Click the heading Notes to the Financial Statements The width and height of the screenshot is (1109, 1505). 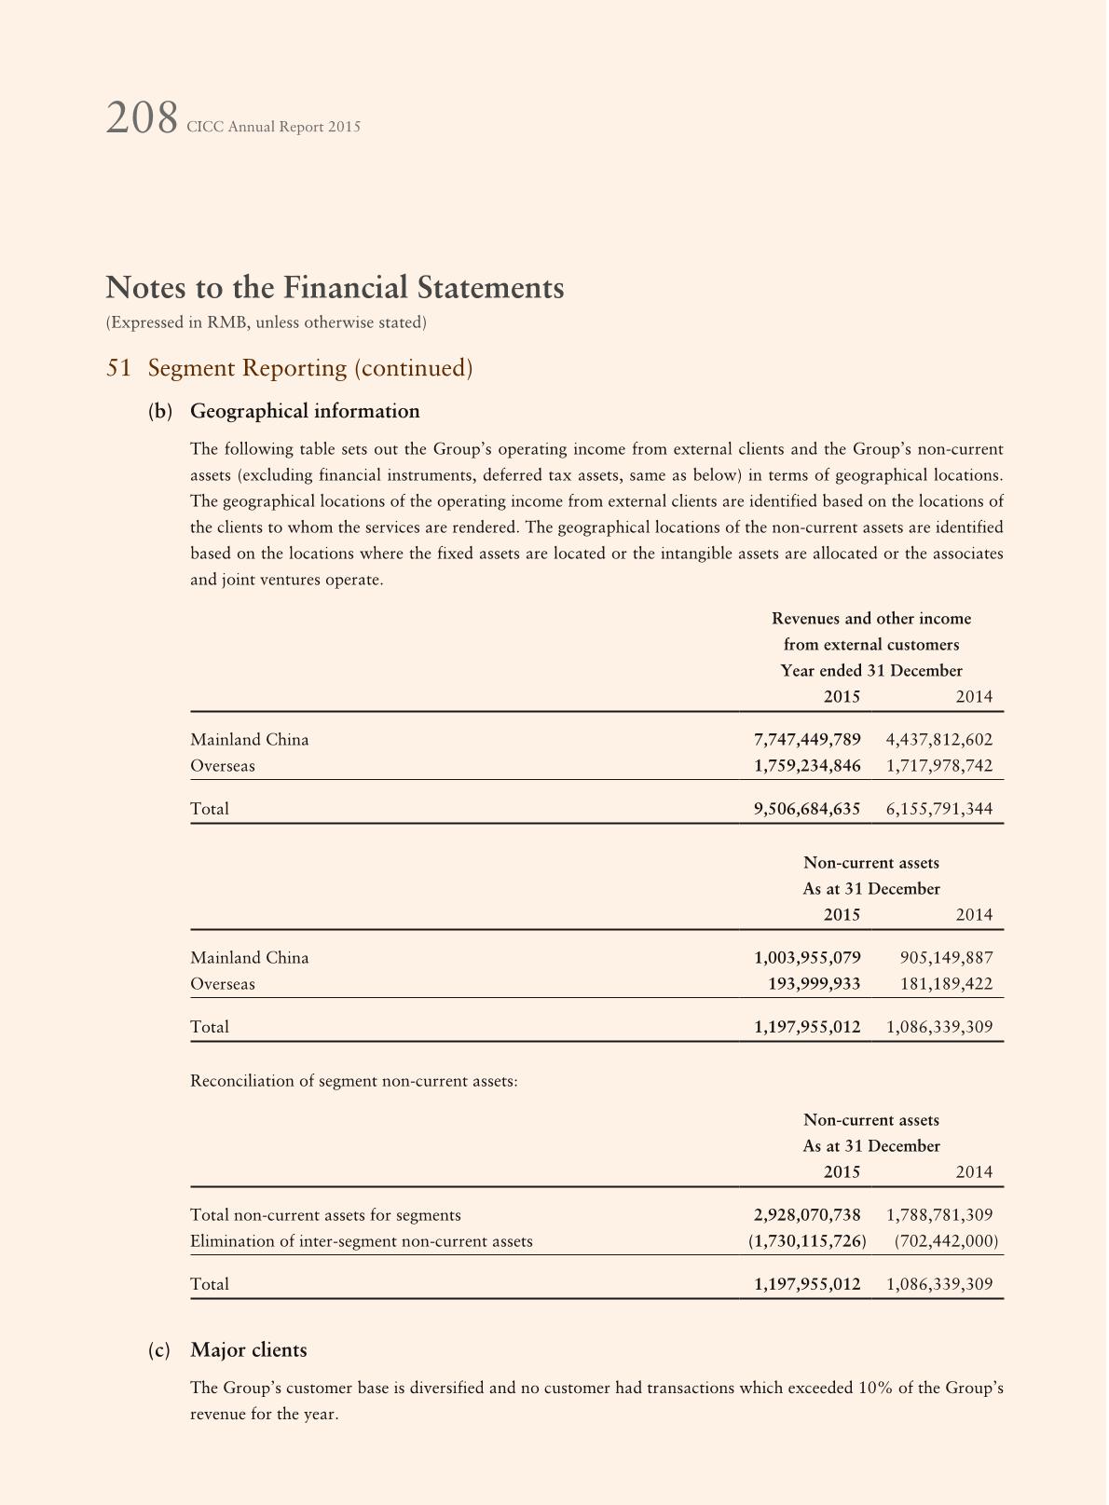[x=335, y=288]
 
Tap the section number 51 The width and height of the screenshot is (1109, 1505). [x=118, y=368]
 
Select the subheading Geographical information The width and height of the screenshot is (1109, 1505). [x=305, y=411]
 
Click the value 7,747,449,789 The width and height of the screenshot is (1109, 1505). [x=807, y=740]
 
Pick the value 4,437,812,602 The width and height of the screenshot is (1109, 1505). [x=939, y=740]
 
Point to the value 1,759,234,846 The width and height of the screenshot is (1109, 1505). [x=807, y=766]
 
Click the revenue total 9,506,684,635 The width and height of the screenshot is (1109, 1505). [x=807, y=809]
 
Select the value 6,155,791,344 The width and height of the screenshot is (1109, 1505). [x=939, y=809]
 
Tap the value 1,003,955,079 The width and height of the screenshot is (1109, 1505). [x=807, y=958]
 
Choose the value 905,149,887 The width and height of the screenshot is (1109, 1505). [x=947, y=958]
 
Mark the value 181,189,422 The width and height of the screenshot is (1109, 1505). [x=947, y=984]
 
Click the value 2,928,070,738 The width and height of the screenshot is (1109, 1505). [x=807, y=1215]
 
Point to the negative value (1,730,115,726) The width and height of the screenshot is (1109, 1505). [x=807, y=1241]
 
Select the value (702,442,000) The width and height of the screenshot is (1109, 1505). [x=946, y=1241]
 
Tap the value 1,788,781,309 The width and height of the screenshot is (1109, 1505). [x=939, y=1215]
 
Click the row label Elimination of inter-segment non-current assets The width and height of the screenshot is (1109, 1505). [x=362, y=1241]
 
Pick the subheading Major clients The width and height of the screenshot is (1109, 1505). [x=249, y=1350]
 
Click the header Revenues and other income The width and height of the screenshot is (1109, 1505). [x=871, y=619]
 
